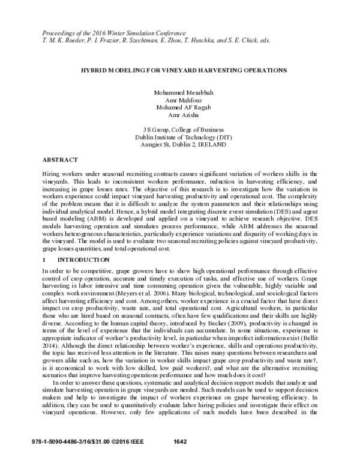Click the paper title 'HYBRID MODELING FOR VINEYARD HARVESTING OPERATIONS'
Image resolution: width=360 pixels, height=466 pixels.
[180, 70]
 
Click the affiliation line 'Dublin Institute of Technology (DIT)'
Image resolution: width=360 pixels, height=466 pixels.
[180, 136]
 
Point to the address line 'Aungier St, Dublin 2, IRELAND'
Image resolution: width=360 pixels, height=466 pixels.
[180, 144]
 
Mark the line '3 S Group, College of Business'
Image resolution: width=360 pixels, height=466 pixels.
[180, 129]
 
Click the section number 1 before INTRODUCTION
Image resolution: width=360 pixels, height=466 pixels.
[44, 259]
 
